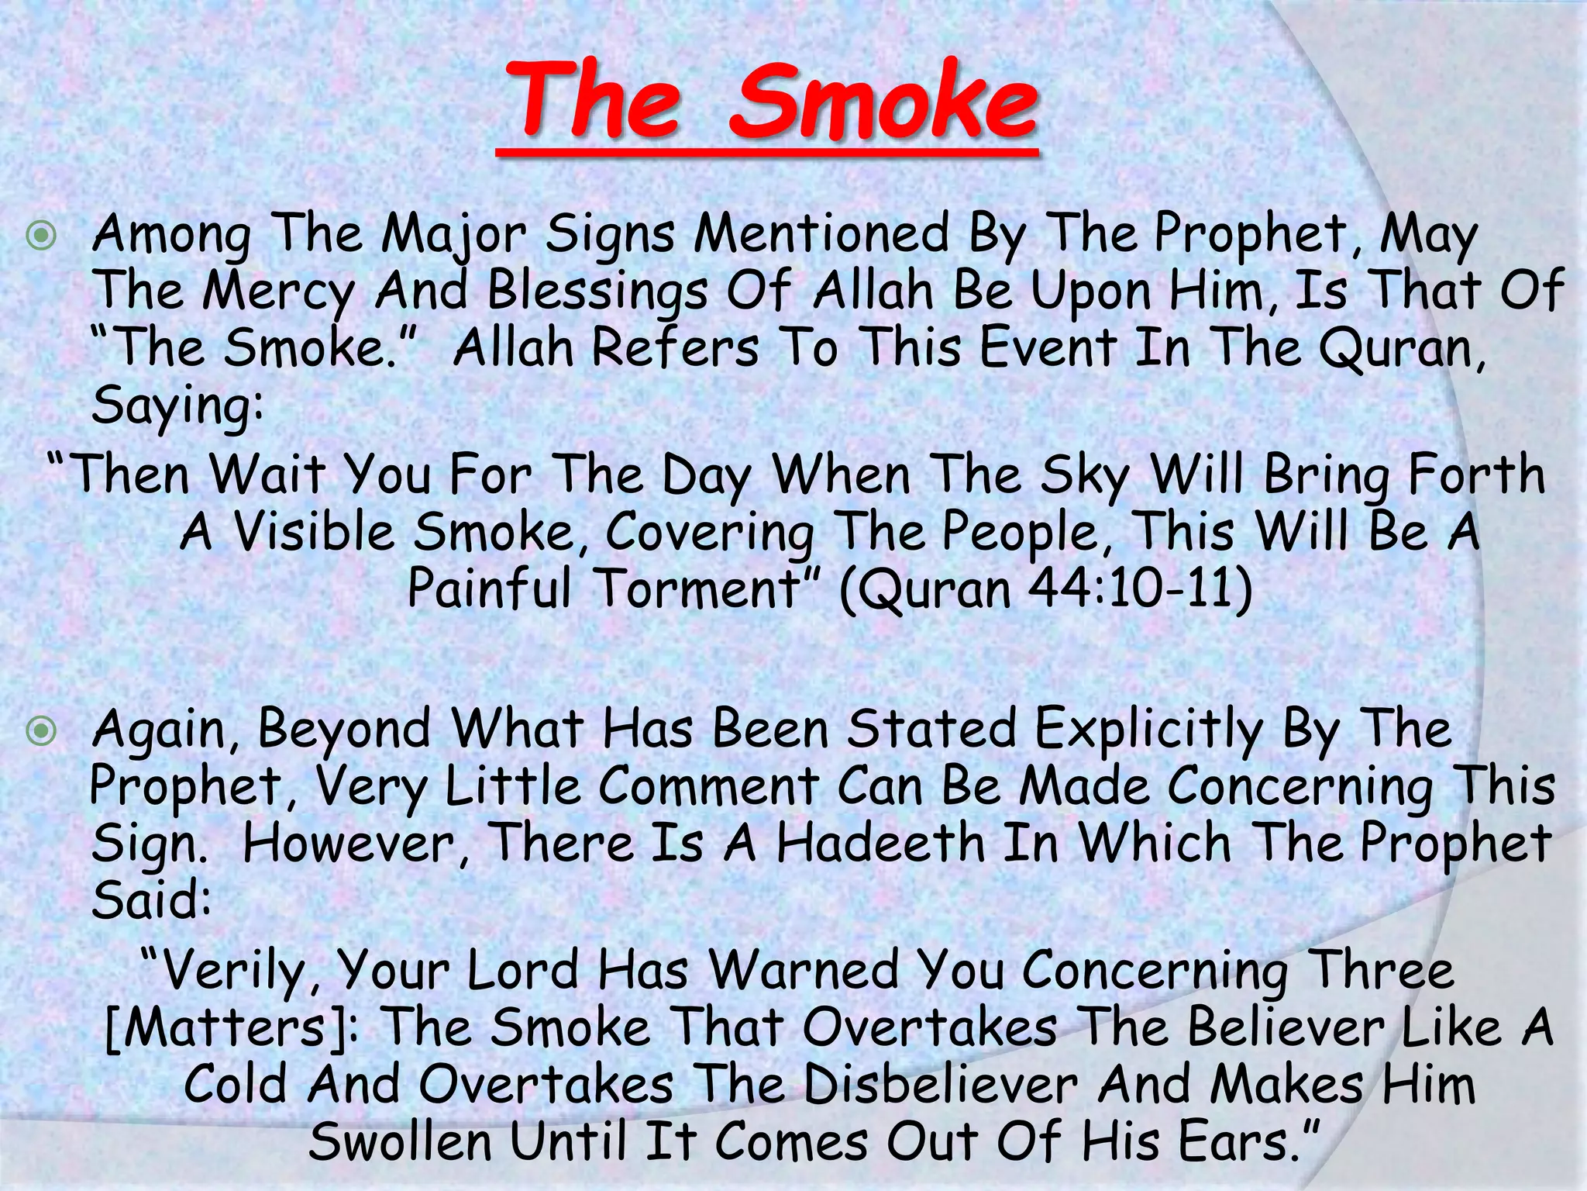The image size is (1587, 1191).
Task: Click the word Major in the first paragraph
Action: (x=454, y=235)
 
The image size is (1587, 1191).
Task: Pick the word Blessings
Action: (x=597, y=291)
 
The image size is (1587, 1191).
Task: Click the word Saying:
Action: (x=177, y=406)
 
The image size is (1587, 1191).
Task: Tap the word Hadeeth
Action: (x=880, y=844)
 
